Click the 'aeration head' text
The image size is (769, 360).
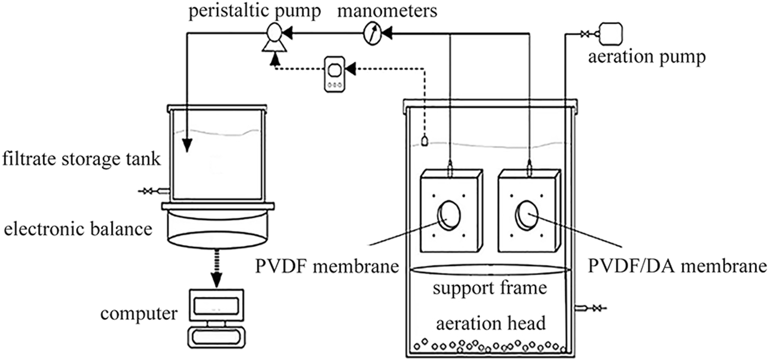tap(491, 324)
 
